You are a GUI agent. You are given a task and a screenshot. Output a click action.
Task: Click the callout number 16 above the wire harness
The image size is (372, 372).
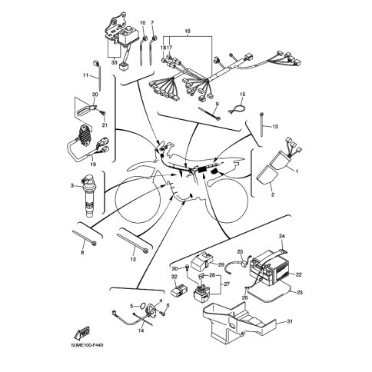(x=188, y=32)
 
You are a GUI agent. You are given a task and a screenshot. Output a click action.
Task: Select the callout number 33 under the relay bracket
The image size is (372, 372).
(x=114, y=62)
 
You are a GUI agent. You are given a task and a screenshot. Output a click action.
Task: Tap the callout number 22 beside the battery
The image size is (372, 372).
(x=298, y=274)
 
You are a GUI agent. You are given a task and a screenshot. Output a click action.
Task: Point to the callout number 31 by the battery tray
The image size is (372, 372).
(x=290, y=321)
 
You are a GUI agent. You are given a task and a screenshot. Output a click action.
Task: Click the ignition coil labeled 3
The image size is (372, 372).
(x=88, y=195)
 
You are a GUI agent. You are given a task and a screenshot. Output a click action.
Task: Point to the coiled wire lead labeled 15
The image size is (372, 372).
(x=237, y=109)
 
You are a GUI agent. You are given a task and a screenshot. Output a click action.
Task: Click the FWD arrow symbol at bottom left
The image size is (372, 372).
(x=82, y=333)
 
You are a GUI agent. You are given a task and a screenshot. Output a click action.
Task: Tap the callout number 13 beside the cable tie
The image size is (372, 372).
(x=274, y=127)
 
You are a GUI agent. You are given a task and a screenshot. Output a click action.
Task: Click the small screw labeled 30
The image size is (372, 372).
(x=187, y=267)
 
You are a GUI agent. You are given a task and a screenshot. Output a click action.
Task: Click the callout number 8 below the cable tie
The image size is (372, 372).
(x=82, y=253)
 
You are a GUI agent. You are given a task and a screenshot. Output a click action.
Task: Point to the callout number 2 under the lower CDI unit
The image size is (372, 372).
(x=273, y=195)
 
